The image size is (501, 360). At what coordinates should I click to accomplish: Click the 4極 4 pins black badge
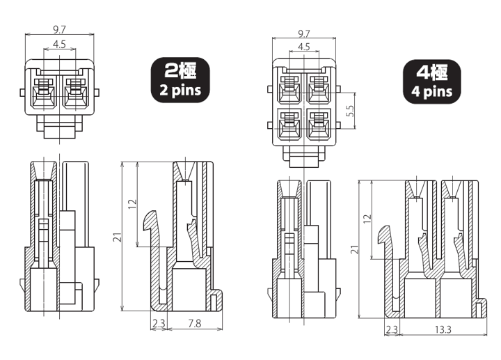tap(429, 81)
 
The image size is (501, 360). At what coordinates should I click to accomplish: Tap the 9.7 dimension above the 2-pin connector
tap(59, 30)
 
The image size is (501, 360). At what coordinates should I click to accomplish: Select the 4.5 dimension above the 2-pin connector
tap(59, 45)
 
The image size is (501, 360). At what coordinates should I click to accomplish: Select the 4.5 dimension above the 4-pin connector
tap(304, 47)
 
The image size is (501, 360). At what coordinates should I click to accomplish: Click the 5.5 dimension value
tap(351, 110)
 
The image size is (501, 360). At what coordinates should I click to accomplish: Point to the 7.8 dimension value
tap(196, 323)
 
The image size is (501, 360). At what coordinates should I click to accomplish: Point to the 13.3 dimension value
tap(442, 329)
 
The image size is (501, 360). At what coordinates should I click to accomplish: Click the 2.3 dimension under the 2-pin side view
tap(158, 323)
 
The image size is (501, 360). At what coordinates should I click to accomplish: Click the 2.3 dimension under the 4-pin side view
tap(391, 329)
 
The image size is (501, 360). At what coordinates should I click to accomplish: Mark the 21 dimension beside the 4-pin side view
tap(354, 249)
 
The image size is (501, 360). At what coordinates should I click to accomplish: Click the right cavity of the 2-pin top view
tap(74, 93)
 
